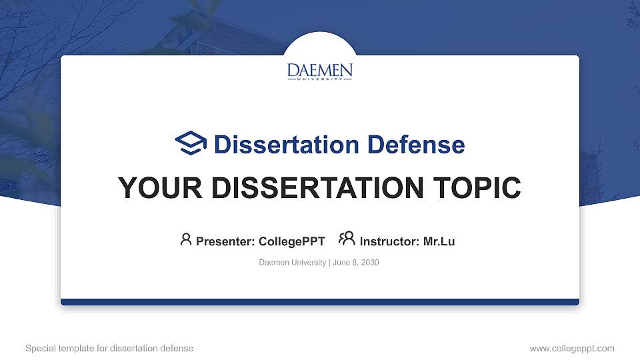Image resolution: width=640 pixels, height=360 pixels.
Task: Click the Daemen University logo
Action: [320, 71]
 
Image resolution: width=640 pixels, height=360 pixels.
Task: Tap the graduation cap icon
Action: [191, 143]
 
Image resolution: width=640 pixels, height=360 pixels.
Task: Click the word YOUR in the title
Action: [148, 188]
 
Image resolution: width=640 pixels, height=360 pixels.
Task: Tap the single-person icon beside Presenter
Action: [186, 239]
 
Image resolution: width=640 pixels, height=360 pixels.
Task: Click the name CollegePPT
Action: [291, 241]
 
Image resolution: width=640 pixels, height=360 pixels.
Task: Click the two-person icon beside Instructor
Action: [347, 239]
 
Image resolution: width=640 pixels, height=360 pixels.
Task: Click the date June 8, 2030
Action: [355, 263]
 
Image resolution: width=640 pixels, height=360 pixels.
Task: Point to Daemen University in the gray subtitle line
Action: [292, 263]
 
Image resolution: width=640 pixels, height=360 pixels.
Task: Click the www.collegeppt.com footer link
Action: [572, 348]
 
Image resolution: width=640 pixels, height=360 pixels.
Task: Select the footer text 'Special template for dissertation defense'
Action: [109, 348]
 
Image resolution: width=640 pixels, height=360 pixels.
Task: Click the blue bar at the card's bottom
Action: [320, 302]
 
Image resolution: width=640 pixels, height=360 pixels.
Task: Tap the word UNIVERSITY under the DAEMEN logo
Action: [320, 79]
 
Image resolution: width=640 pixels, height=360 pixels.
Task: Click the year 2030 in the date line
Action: [370, 263]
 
